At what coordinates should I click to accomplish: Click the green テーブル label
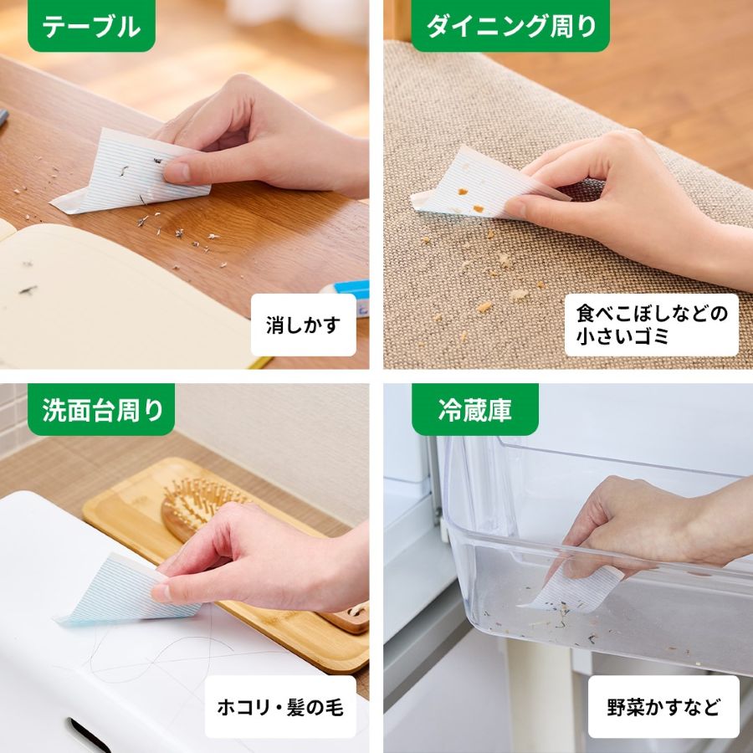point(91,26)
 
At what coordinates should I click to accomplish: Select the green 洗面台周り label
point(101,410)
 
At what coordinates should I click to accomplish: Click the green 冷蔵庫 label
point(474,410)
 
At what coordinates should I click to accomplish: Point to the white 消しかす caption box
point(303,325)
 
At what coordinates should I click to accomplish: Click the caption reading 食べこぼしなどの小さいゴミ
point(651,325)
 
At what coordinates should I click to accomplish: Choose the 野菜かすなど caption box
point(663,707)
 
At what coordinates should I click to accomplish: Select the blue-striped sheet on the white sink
point(117,590)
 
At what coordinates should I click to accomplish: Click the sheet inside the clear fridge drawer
point(577,586)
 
